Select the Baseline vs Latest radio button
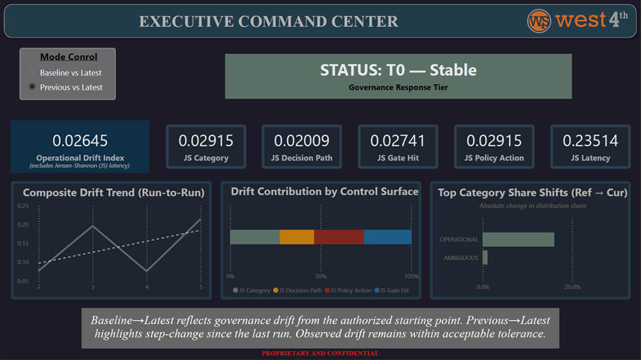33,73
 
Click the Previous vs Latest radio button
33,87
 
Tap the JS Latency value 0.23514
590,140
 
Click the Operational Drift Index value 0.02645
80,140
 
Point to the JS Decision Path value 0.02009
302,140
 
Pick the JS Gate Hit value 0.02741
398,140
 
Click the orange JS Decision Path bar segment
297,237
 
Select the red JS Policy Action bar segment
339,237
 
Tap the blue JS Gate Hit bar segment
388,237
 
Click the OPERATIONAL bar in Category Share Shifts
518,240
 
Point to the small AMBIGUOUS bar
485,258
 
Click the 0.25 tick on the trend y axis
23,206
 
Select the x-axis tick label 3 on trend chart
93,286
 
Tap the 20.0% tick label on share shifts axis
572,287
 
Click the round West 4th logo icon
539,20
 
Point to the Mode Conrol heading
69,57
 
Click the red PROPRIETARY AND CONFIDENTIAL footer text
320,354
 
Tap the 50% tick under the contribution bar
321,277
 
